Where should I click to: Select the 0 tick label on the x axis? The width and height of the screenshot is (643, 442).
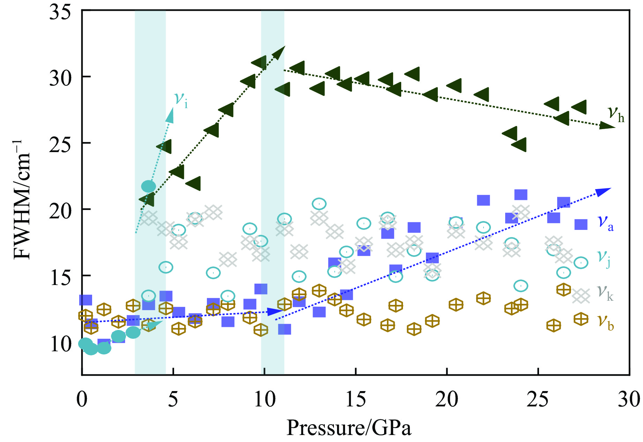[x=82, y=399]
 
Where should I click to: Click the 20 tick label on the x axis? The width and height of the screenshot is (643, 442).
[x=447, y=399]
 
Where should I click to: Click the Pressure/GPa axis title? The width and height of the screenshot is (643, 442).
[x=349, y=428]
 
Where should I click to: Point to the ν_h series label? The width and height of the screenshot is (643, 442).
[x=616, y=114]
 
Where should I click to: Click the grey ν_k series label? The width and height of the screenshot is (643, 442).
[x=605, y=292]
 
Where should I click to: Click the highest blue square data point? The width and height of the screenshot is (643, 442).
[x=521, y=195]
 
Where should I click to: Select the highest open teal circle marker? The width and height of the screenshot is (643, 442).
[x=319, y=203]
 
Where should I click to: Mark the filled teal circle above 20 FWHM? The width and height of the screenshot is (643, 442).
[x=148, y=186]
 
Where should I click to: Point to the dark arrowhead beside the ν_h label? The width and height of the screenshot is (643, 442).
[x=607, y=126]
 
